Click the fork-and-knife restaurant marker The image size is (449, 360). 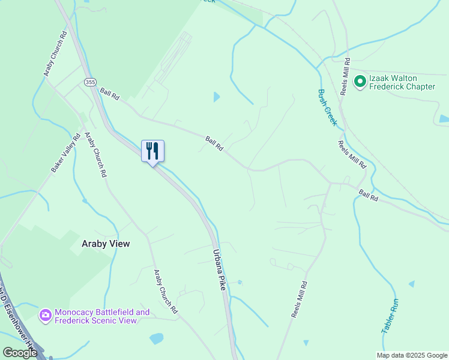[152, 151]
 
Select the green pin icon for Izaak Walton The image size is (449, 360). [360, 82]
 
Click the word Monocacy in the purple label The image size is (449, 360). [77, 312]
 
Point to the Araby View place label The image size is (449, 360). [106, 244]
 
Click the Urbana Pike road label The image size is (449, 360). [218, 270]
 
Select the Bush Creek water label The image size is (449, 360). [328, 108]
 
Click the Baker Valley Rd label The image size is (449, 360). [65, 153]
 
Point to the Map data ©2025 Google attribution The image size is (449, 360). [411, 355]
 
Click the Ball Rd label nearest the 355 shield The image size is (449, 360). [110, 94]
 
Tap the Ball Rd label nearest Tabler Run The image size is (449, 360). [369, 196]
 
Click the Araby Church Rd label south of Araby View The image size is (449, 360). [166, 292]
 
